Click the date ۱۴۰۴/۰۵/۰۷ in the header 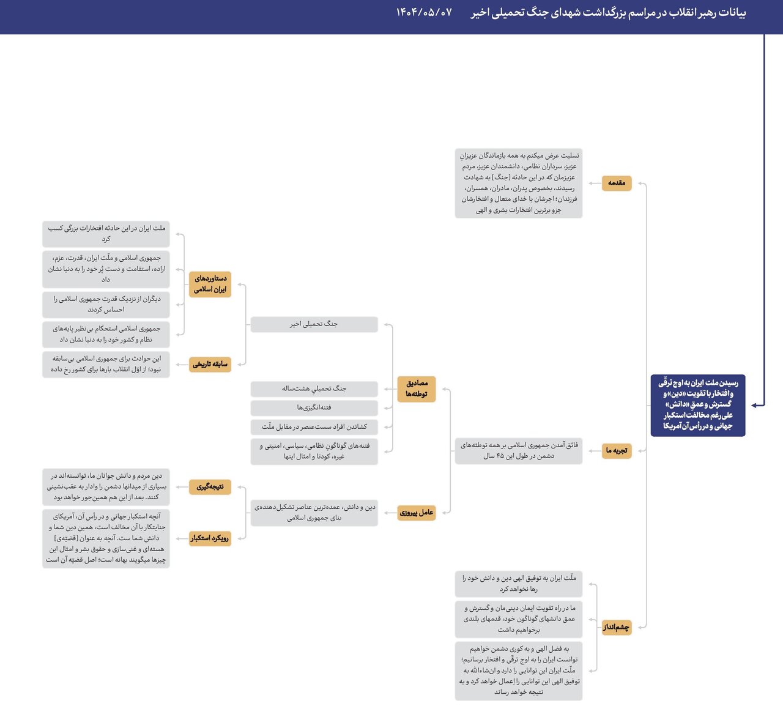point(424,12)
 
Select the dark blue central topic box point(697,405)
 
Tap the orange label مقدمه point(616,183)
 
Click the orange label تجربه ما point(616,450)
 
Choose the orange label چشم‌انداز point(616,627)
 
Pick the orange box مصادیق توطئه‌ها point(417,388)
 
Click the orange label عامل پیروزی point(417,513)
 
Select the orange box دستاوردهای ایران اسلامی point(210,284)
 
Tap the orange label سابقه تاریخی point(210,364)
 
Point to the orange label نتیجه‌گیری point(210,487)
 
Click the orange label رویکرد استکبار point(210,538)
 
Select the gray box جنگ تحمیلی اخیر point(314,324)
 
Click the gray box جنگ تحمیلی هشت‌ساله point(314,388)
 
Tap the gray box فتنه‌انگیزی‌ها point(314,407)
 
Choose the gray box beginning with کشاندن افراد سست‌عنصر point(314,426)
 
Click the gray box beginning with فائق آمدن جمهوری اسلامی point(519,450)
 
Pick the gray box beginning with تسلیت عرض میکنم point(519,183)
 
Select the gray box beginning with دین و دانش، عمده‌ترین point(314,513)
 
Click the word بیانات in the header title point(732,12)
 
